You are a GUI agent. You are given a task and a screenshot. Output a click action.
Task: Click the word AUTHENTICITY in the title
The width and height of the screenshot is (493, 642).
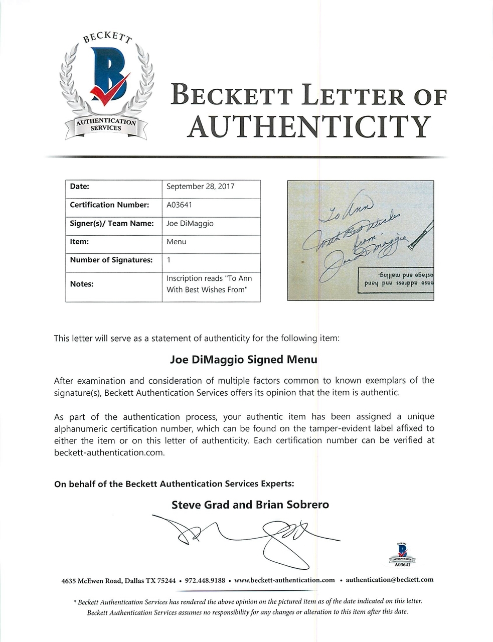[308, 126]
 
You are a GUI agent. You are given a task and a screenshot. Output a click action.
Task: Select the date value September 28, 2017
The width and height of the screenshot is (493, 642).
[200, 186]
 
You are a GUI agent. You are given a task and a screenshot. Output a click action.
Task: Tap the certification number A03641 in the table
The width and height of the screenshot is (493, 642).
[179, 205]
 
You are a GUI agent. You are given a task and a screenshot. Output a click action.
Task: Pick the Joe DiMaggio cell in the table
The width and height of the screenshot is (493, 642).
[190, 223]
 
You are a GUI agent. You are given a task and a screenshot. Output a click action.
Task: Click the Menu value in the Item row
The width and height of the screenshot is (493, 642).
[176, 242]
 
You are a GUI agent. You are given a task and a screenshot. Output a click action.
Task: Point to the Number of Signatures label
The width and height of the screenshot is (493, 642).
[111, 260]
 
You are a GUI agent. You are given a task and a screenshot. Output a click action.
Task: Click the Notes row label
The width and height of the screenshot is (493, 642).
[81, 284]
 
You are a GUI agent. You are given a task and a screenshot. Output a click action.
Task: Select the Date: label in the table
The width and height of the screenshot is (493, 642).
[79, 186]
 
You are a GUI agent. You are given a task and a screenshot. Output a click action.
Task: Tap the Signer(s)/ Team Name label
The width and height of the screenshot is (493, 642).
[111, 223]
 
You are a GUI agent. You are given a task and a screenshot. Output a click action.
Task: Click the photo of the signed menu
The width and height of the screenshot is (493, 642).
[360, 240]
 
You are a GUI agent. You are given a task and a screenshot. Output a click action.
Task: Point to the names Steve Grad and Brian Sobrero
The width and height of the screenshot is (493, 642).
[250, 505]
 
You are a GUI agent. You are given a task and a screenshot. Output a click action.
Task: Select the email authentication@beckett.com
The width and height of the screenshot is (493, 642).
[389, 580]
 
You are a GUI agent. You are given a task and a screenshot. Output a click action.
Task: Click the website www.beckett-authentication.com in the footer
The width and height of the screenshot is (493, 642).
[284, 580]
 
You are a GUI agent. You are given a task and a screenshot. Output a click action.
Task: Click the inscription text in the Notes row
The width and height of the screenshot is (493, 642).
[209, 284]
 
